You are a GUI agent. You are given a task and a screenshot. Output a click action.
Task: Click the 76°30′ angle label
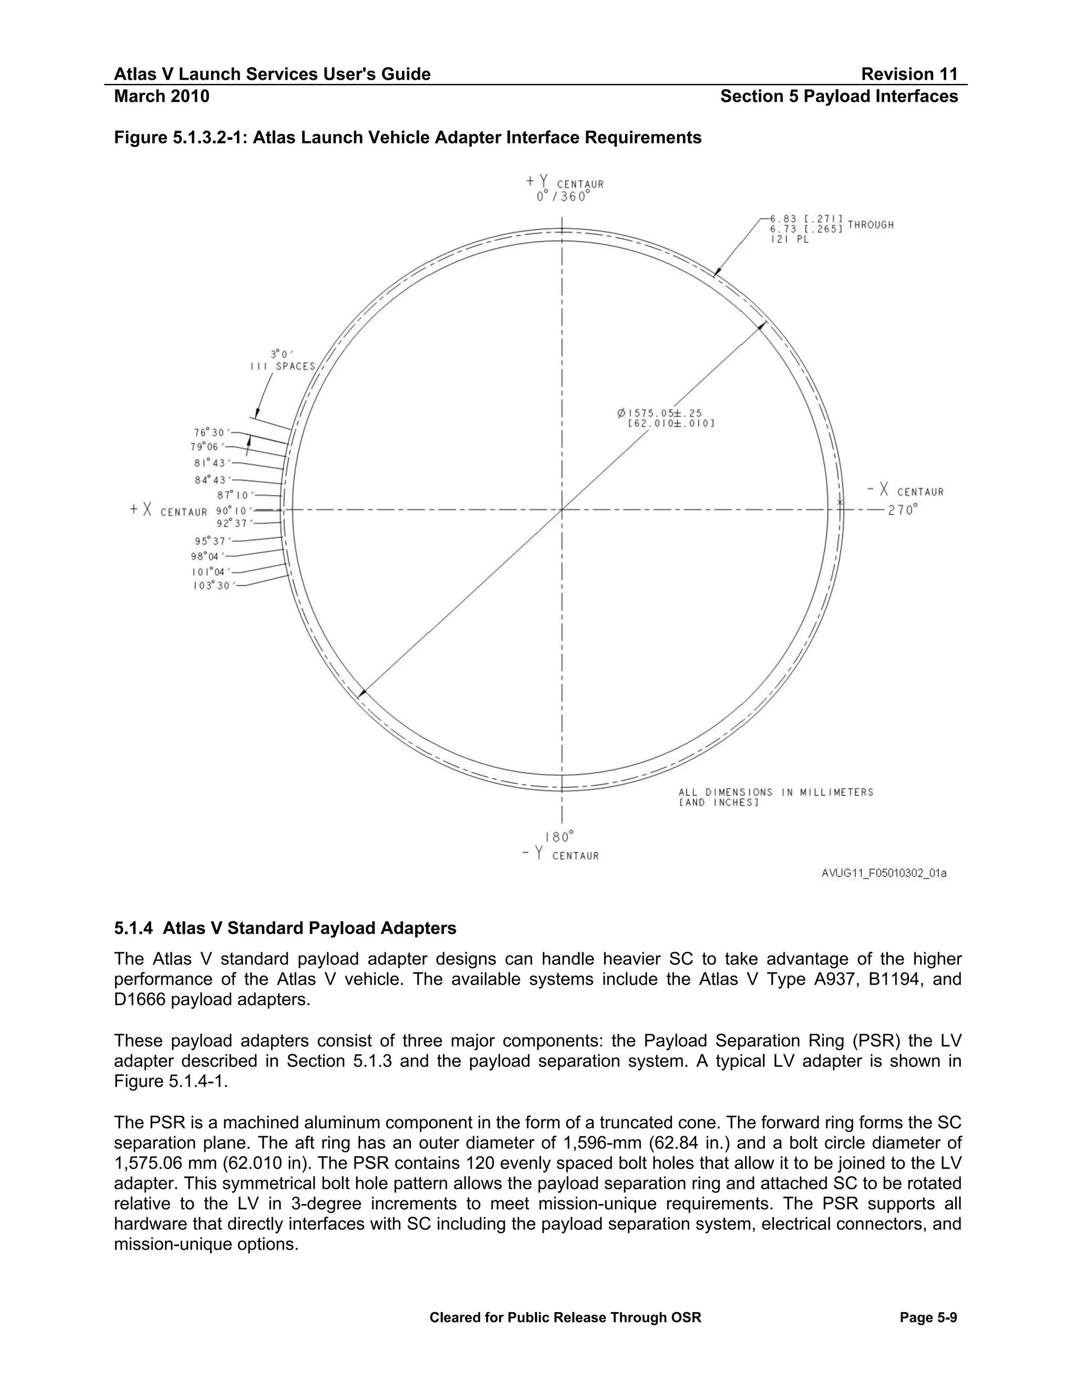209,433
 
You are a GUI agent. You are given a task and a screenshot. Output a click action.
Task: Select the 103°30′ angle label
212,585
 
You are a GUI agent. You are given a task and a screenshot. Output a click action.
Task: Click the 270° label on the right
902,511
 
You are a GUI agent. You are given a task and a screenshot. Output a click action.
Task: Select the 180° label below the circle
559,837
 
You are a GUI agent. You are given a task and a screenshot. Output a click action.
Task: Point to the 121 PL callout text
789,240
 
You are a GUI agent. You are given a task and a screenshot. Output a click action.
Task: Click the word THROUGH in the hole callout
870,224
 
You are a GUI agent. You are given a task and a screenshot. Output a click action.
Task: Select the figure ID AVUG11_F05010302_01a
884,873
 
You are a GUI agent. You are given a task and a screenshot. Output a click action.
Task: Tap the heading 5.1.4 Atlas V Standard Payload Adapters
285,928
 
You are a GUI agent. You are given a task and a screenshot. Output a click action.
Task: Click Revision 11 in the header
909,75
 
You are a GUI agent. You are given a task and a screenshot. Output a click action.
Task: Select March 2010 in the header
161,96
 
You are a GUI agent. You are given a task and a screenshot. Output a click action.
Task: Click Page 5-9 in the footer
928,1317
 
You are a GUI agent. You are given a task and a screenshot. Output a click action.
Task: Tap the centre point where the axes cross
562,510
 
